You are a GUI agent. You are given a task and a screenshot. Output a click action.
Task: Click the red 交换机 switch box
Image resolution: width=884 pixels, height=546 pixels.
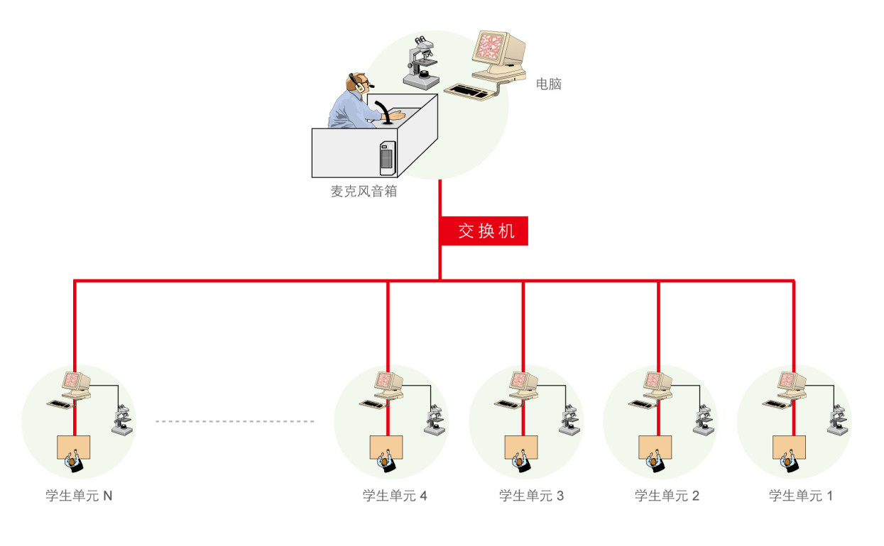click(485, 231)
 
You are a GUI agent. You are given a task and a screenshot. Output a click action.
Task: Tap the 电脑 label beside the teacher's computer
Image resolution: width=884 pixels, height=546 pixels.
click(549, 84)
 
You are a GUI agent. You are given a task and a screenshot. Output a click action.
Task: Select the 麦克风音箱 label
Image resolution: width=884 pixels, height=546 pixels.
click(363, 191)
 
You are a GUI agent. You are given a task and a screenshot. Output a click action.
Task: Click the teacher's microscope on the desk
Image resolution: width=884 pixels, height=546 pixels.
click(422, 63)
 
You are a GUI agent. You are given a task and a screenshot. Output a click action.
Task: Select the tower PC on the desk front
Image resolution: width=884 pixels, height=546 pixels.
click(387, 158)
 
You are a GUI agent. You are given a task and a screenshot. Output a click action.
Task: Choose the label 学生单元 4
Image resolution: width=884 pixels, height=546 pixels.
click(395, 496)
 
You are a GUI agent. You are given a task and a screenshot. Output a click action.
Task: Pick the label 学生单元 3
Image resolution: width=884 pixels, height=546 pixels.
click(531, 496)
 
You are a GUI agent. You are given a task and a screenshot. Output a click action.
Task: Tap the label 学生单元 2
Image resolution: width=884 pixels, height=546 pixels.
click(667, 496)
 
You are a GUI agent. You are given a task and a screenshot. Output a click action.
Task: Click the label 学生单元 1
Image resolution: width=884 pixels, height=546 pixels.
click(800, 496)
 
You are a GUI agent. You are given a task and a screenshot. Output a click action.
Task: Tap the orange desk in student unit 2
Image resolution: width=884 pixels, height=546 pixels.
click(655, 446)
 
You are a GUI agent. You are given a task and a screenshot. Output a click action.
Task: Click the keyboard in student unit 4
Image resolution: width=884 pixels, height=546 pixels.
click(372, 403)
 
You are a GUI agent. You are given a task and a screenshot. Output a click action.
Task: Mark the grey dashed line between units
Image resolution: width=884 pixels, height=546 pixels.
click(235, 421)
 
